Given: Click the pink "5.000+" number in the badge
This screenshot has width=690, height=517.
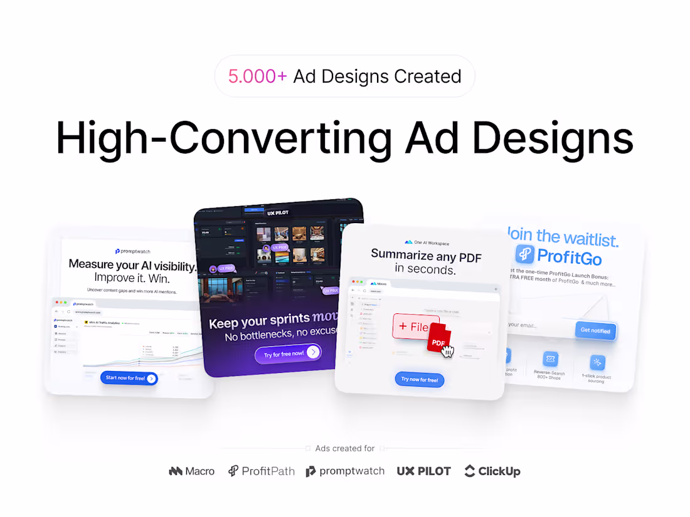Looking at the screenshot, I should pyautogui.click(x=257, y=76).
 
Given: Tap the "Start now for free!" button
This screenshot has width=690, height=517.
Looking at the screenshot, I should pyautogui.click(x=129, y=378).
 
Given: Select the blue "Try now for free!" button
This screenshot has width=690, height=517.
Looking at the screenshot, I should pyautogui.click(x=420, y=379).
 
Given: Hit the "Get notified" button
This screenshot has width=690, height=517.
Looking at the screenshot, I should pyautogui.click(x=595, y=330).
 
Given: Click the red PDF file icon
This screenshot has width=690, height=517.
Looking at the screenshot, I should pyautogui.click(x=438, y=338).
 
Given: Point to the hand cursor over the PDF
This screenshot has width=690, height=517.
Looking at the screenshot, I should pyautogui.click(x=448, y=350).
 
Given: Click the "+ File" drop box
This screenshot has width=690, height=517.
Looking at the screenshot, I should pyautogui.click(x=413, y=326).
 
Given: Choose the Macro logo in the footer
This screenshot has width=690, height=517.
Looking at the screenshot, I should pyautogui.click(x=192, y=471).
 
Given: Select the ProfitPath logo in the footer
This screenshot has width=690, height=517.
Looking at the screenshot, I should pyautogui.click(x=261, y=471).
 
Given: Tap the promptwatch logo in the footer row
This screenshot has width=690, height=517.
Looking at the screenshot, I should pyautogui.click(x=345, y=471).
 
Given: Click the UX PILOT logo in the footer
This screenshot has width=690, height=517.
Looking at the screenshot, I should pyautogui.click(x=423, y=471).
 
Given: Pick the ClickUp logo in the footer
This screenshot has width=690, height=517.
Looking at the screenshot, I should pyautogui.click(x=492, y=471).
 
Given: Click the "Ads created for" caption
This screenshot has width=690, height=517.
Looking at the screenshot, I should pyautogui.click(x=344, y=448).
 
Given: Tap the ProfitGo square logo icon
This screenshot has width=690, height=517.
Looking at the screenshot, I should pyautogui.click(x=525, y=254).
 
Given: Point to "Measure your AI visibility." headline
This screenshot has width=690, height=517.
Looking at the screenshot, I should pyautogui.click(x=132, y=264).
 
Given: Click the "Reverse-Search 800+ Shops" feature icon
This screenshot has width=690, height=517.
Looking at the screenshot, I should pyautogui.click(x=550, y=359).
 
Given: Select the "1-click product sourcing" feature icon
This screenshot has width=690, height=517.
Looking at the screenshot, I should pyautogui.click(x=597, y=362).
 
